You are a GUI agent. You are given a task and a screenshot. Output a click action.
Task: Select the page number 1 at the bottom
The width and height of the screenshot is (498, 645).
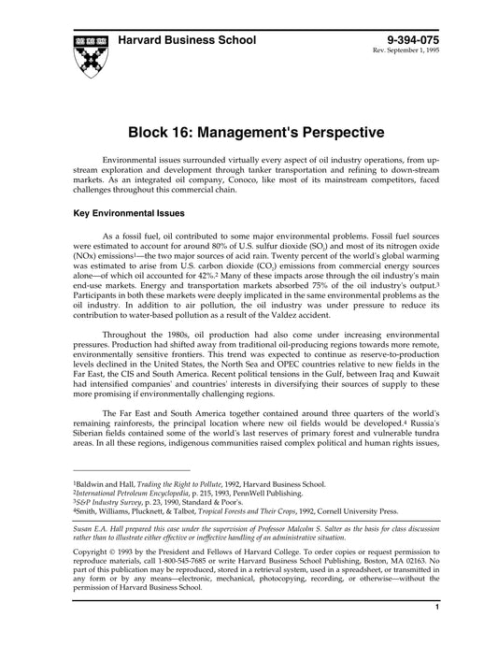pyautogui.click(x=436, y=634)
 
